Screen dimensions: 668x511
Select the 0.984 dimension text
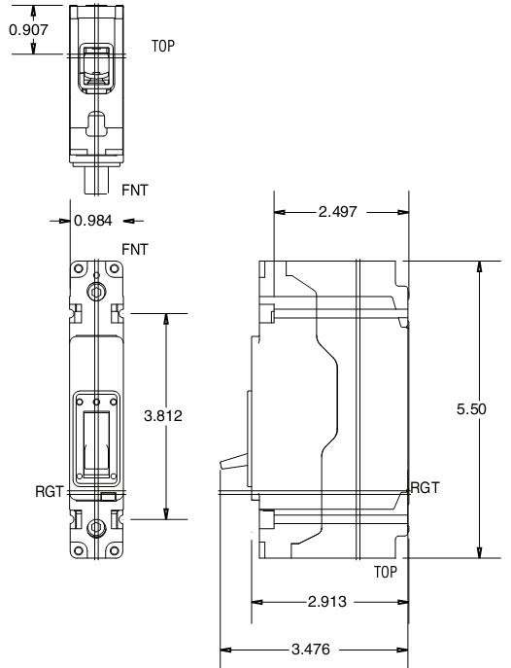coord(93,221)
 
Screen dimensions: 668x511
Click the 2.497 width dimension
coord(339,212)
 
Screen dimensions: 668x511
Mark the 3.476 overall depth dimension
coord(313,648)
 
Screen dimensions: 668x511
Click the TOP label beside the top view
coord(163,46)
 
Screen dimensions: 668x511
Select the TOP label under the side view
coord(387,574)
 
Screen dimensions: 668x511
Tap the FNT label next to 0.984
coord(134,250)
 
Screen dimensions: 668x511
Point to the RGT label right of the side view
coord(425,488)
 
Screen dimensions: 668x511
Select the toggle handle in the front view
coord(95,443)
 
